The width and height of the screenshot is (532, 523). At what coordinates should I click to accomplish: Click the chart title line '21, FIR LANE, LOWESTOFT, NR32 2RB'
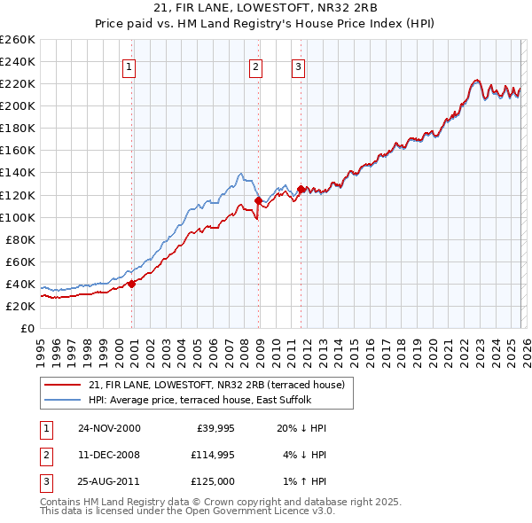(266, 8)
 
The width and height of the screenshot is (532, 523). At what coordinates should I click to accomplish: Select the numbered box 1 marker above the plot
(129, 66)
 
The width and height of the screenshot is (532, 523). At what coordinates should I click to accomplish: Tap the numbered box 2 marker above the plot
(255, 66)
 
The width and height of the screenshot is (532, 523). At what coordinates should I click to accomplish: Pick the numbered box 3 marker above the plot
(298, 66)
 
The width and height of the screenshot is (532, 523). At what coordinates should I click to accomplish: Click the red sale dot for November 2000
(132, 284)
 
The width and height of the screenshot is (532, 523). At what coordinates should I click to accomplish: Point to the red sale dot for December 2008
(258, 200)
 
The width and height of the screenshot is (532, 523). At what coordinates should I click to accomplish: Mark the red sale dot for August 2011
(301, 189)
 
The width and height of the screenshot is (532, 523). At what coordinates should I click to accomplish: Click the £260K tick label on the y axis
(18, 40)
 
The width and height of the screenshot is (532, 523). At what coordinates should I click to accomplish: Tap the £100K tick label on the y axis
(18, 217)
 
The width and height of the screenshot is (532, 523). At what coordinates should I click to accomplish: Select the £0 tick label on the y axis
(27, 328)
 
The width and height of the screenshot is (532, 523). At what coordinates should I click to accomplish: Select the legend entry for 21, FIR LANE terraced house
(221, 384)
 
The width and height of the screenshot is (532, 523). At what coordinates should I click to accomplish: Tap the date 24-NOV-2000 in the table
(109, 428)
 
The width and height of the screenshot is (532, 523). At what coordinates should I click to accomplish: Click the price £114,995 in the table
(210, 454)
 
